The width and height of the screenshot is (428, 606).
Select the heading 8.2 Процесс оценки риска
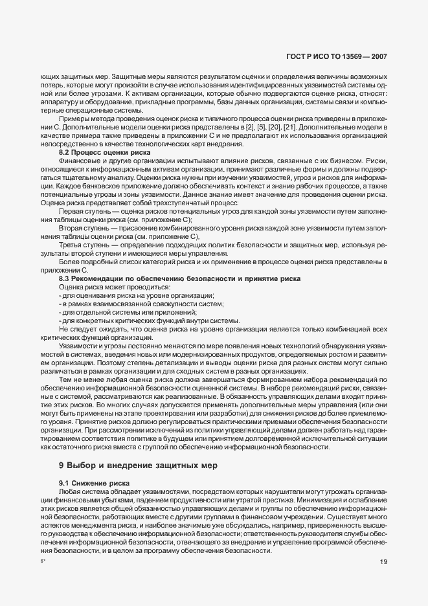tap(95, 151)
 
